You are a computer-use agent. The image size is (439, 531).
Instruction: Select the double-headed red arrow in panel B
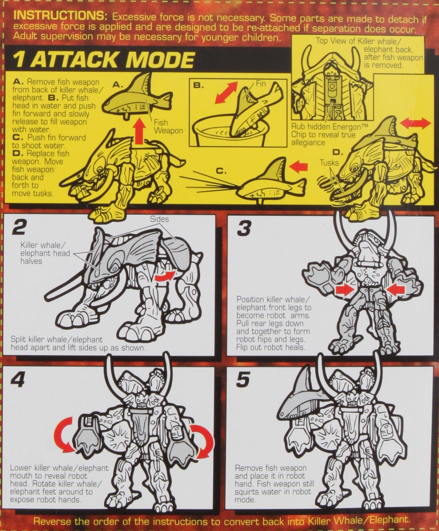pos(226,93)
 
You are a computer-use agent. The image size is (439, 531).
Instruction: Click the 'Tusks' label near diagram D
pos(329,162)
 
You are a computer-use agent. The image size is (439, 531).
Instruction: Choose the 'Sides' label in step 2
pos(159,219)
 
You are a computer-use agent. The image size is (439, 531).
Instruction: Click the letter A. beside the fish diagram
pos(118,85)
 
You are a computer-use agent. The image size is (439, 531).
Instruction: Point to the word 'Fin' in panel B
pos(261,84)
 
